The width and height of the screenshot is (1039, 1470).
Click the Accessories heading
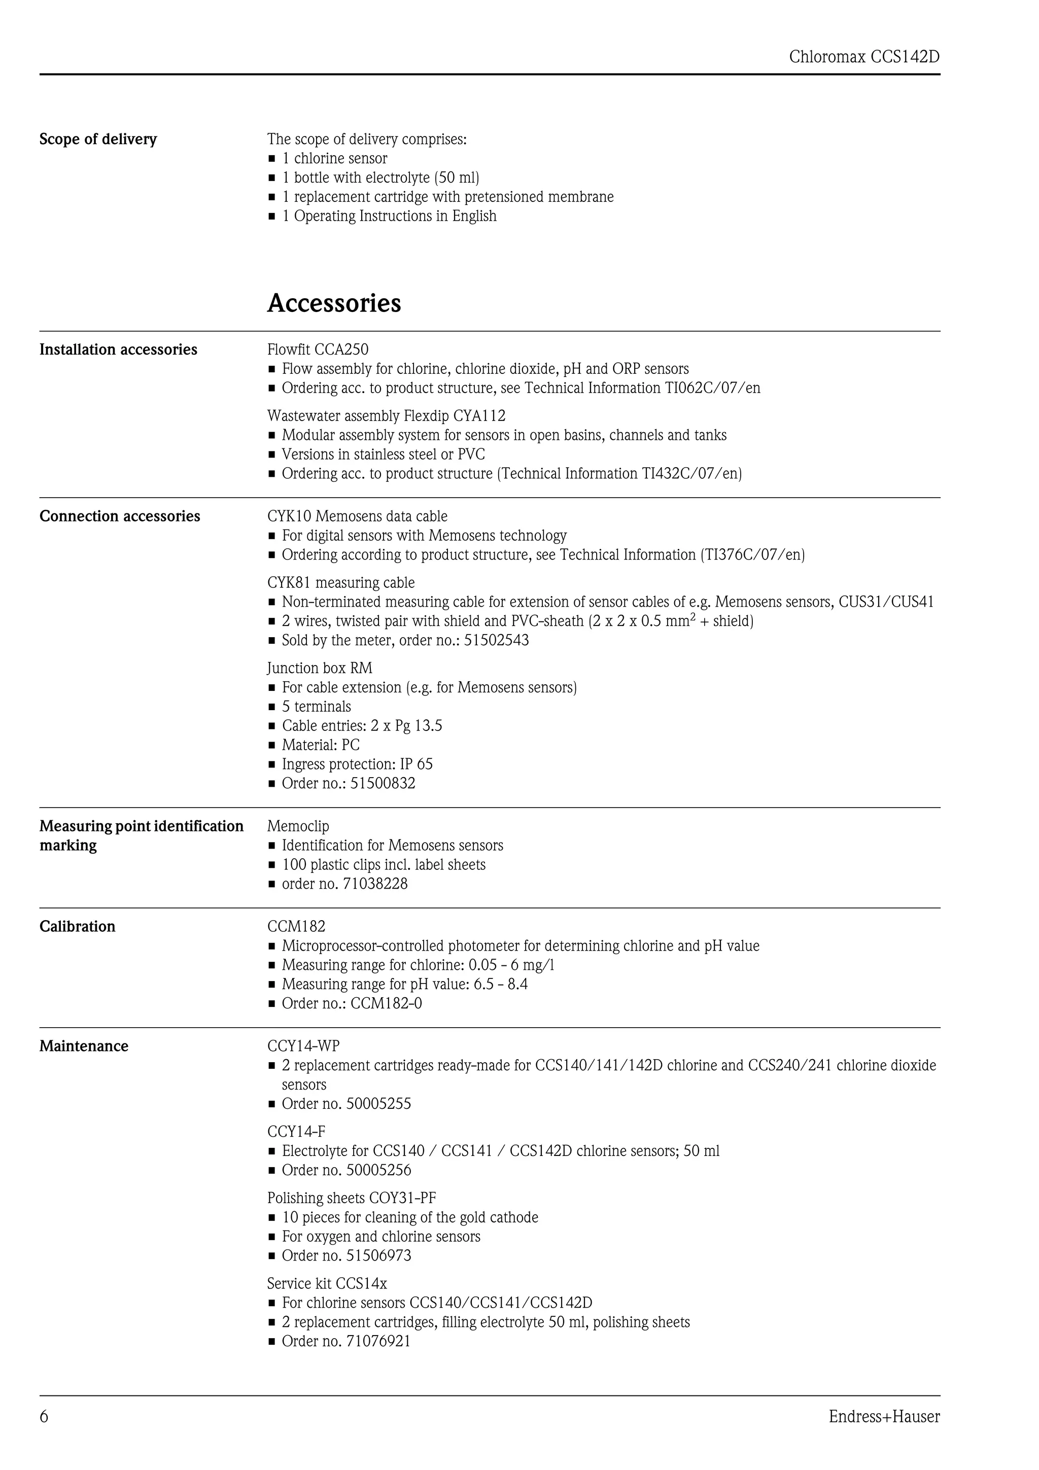click(334, 303)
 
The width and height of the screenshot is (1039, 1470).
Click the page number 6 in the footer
click(44, 1416)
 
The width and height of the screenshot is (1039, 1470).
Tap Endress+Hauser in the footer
click(884, 1416)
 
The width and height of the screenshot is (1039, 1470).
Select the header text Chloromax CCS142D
click(864, 57)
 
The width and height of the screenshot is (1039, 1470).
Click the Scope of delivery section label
click(98, 139)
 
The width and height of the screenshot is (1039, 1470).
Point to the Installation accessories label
click(118, 349)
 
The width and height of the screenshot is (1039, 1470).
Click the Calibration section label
click(78, 926)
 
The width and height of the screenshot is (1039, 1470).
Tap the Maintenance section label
click(84, 1046)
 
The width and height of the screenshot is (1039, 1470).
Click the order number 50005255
click(378, 1104)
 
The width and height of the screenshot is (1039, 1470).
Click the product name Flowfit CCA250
click(318, 349)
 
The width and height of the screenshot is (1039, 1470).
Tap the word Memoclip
click(298, 826)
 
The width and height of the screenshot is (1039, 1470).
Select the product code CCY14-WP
click(303, 1046)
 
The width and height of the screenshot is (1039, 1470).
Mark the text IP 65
click(416, 764)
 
